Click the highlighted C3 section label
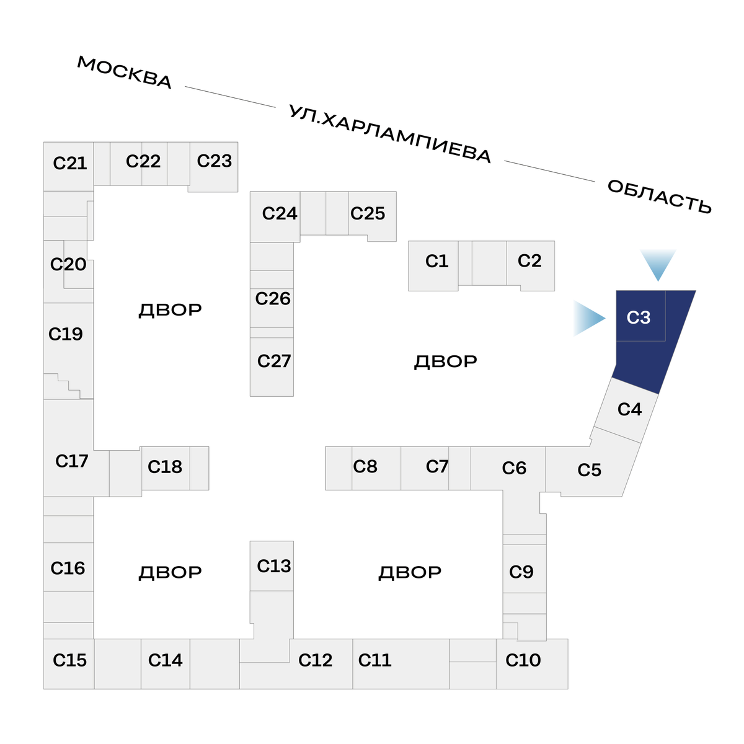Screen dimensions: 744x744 pyautogui.click(x=639, y=317)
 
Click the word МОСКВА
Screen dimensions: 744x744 pyautogui.click(x=125, y=73)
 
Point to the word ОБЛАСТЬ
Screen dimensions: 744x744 pyautogui.click(x=659, y=197)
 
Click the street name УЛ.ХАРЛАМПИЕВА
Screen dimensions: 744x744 pyautogui.click(x=390, y=134)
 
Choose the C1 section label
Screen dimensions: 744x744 pyautogui.click(x=436, y=261)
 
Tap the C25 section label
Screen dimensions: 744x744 pyautogui.click(x=368, y=213)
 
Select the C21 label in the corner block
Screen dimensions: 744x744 pyautogui.click(x=70, y=163)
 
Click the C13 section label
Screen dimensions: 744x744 pyautogui.click(x=273, y=566)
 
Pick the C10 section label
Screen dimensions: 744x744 pyautogui.click(x=523, y=660)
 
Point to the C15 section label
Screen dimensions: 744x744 pyautogui.click(x=70, y=660)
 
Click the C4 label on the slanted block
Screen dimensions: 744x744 pyautogui.click(x=629, y=409)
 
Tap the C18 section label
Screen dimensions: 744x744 pyautogui.click(x=165, y=466)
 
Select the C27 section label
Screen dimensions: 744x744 pyautogui.click(x=273, y=361)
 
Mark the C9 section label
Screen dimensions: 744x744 pyautogui.click(x=521, y=572)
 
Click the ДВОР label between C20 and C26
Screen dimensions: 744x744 pyautogui.click(x=170, y=310)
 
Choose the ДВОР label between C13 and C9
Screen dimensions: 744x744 pyautogui.click(x=410, y=572)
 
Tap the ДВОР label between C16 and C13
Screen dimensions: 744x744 pyautogui.click(x=170, y=572)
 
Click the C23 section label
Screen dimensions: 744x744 pyautogui.click(x=215, y=161)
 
